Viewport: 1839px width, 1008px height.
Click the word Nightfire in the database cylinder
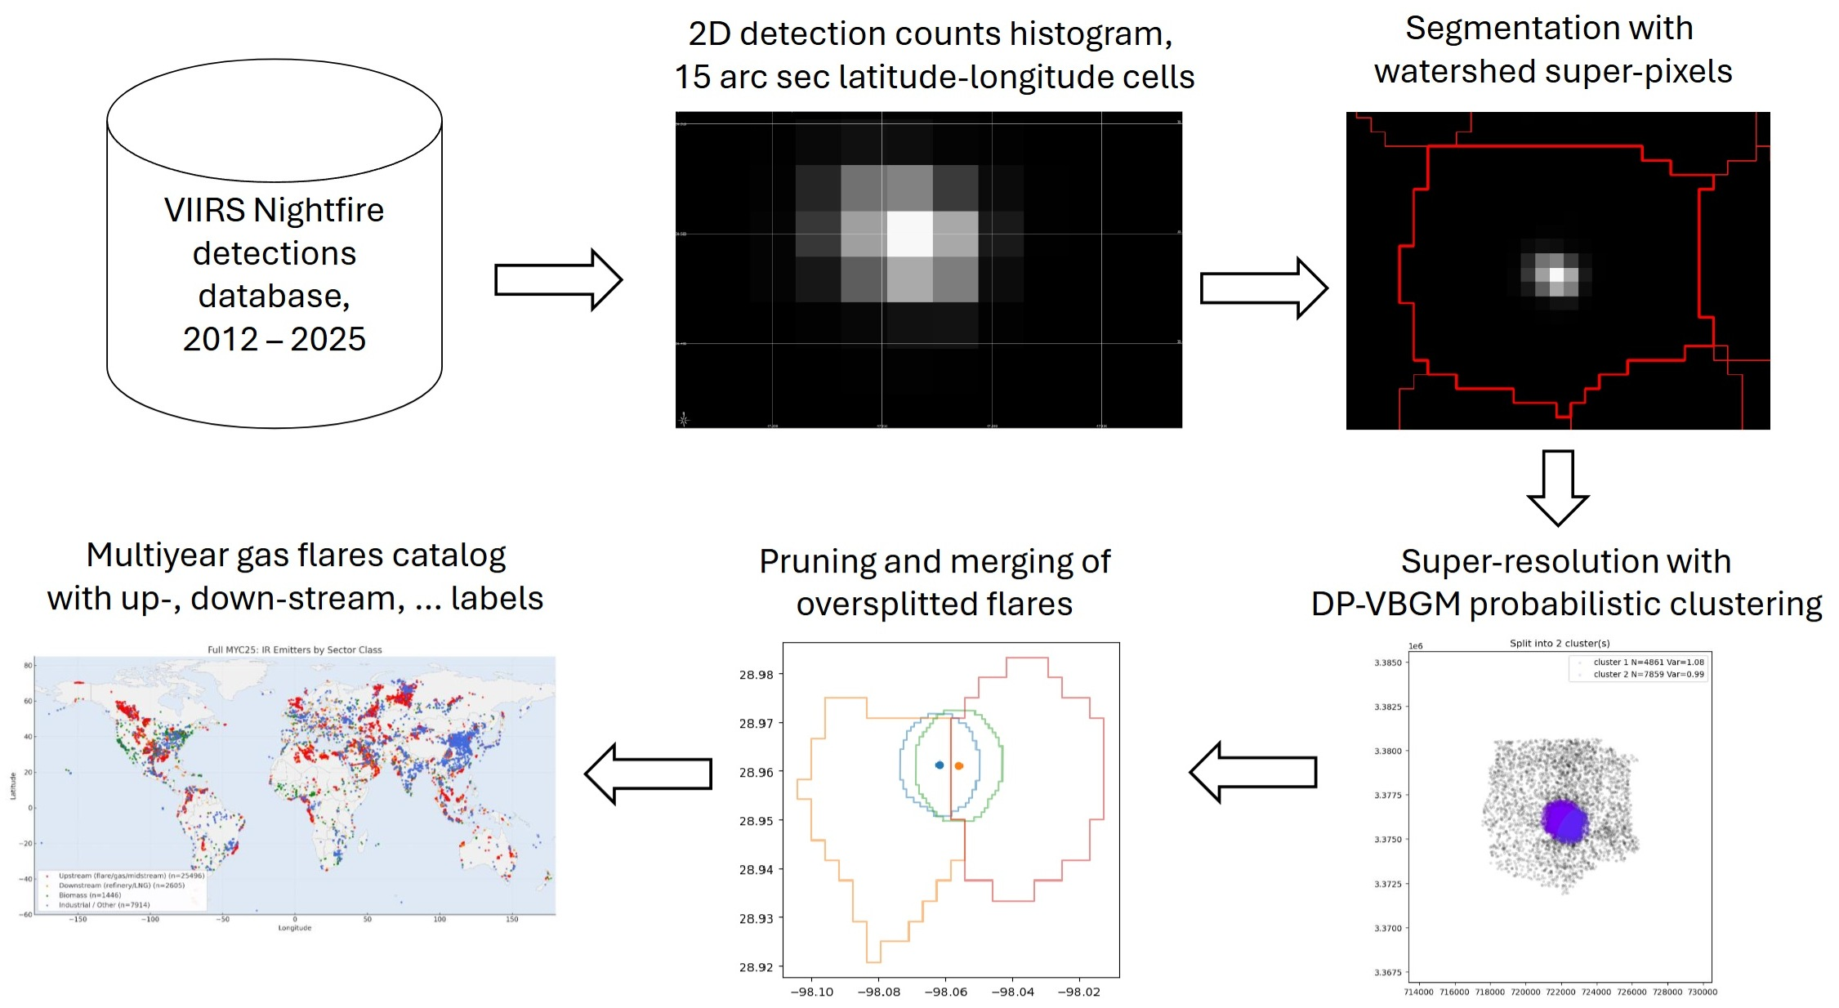[319, 211]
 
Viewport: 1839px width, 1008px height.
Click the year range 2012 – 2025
[275, 339]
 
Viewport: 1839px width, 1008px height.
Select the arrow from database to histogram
[558, 280]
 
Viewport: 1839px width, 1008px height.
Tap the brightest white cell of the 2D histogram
[909, 234]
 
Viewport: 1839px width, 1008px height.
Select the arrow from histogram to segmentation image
[1263, 288]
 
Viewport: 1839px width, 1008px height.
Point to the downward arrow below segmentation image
[1557, 488]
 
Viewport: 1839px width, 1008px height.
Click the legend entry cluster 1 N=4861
[1647, 662]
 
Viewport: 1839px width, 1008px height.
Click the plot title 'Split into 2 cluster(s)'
[1559, 644]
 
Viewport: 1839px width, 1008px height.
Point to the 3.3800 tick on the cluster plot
[1387, 751]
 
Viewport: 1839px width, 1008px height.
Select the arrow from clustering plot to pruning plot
[1253, 772]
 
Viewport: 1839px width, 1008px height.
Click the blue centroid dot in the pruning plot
[940, 765]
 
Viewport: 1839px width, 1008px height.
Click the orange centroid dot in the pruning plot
[959, 766]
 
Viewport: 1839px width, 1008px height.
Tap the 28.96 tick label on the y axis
[756, 772]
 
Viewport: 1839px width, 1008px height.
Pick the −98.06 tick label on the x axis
[945, 992]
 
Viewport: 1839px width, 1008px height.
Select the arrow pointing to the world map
[649, 774]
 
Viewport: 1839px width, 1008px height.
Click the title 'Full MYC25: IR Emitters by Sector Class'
[294, 650]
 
